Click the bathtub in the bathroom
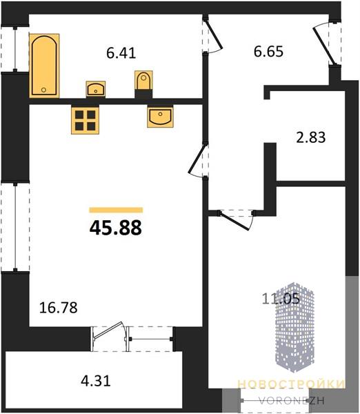[44, 66]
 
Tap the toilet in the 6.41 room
[143, 80]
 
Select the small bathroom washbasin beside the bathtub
[96, 89]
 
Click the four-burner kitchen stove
[85, 120]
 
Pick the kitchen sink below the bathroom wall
[160, 117]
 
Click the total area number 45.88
[116, 228]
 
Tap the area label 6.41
[121, 53]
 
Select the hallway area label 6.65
[268, 52]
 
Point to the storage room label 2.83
[310, 137]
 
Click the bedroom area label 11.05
[281, 299]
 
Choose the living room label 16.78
[59, 308]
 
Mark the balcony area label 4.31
[96, 381]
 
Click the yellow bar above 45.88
[116, 210]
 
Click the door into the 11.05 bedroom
[234, 221]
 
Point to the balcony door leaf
[108, 330]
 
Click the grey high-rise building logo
[294, 327]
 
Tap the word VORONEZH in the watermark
[291, 400]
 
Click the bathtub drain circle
[43, 90]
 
